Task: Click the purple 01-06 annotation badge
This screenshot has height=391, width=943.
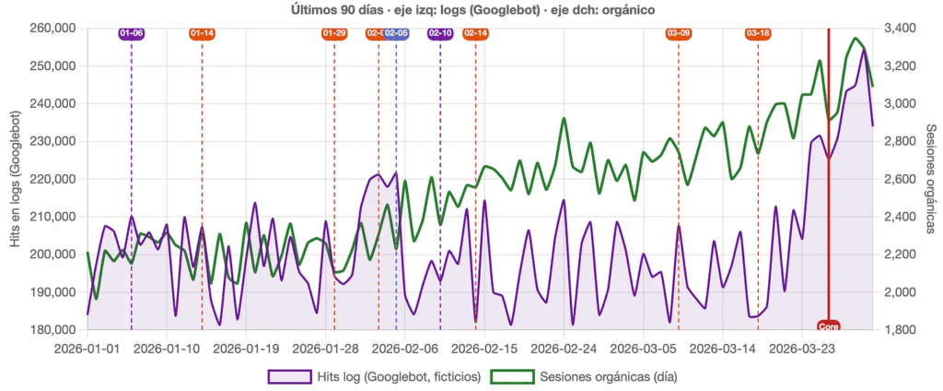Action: pyautogui.click(x=132, y=33)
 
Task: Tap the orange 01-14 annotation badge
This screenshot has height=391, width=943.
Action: pyautogui.click(x=202, y=33)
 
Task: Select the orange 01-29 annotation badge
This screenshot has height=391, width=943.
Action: pyautogui.click(x=334, y=33)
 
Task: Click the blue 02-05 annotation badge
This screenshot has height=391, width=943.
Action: pyautogui.click(x=397, y=33)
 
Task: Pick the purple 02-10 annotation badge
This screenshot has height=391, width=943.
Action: pyautogui.click(x=440, y=33)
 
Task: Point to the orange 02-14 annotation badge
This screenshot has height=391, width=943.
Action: pyautogui.click(x=475, y=33)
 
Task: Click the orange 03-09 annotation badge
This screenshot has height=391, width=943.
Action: pyautogui.click(x=679, y=33)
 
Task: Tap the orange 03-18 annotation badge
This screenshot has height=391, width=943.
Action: pyautogui.click(x=758, y=33)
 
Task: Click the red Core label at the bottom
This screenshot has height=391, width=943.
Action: pyautogui.click(x=828, y=325)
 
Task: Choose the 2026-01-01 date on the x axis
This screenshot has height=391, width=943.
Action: pyautogui.click(x=87, y=349)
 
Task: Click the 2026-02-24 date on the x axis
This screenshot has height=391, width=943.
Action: pyautogui.click(x=564, y=349)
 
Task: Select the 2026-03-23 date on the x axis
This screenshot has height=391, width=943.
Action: pyautogui.click(x=802, y=349)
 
